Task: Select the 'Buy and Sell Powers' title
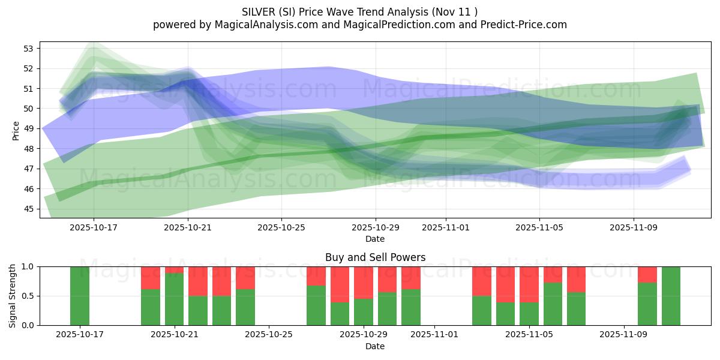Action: (375, 257)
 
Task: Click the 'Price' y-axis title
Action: (16, 130)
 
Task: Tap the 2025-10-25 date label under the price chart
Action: (281, 227)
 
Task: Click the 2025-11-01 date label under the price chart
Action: (446, 227)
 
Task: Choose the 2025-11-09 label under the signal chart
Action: (625, 334)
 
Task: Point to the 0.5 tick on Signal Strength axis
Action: (28, 296)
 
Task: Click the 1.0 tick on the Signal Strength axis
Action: (28, 266)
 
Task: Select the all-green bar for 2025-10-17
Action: (80, 296)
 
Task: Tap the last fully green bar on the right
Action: (671, 296)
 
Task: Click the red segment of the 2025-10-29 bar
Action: (364, 282)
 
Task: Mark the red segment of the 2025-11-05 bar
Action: (529, 284)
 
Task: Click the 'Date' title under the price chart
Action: (375, 239)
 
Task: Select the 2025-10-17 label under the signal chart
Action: (80, 334)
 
